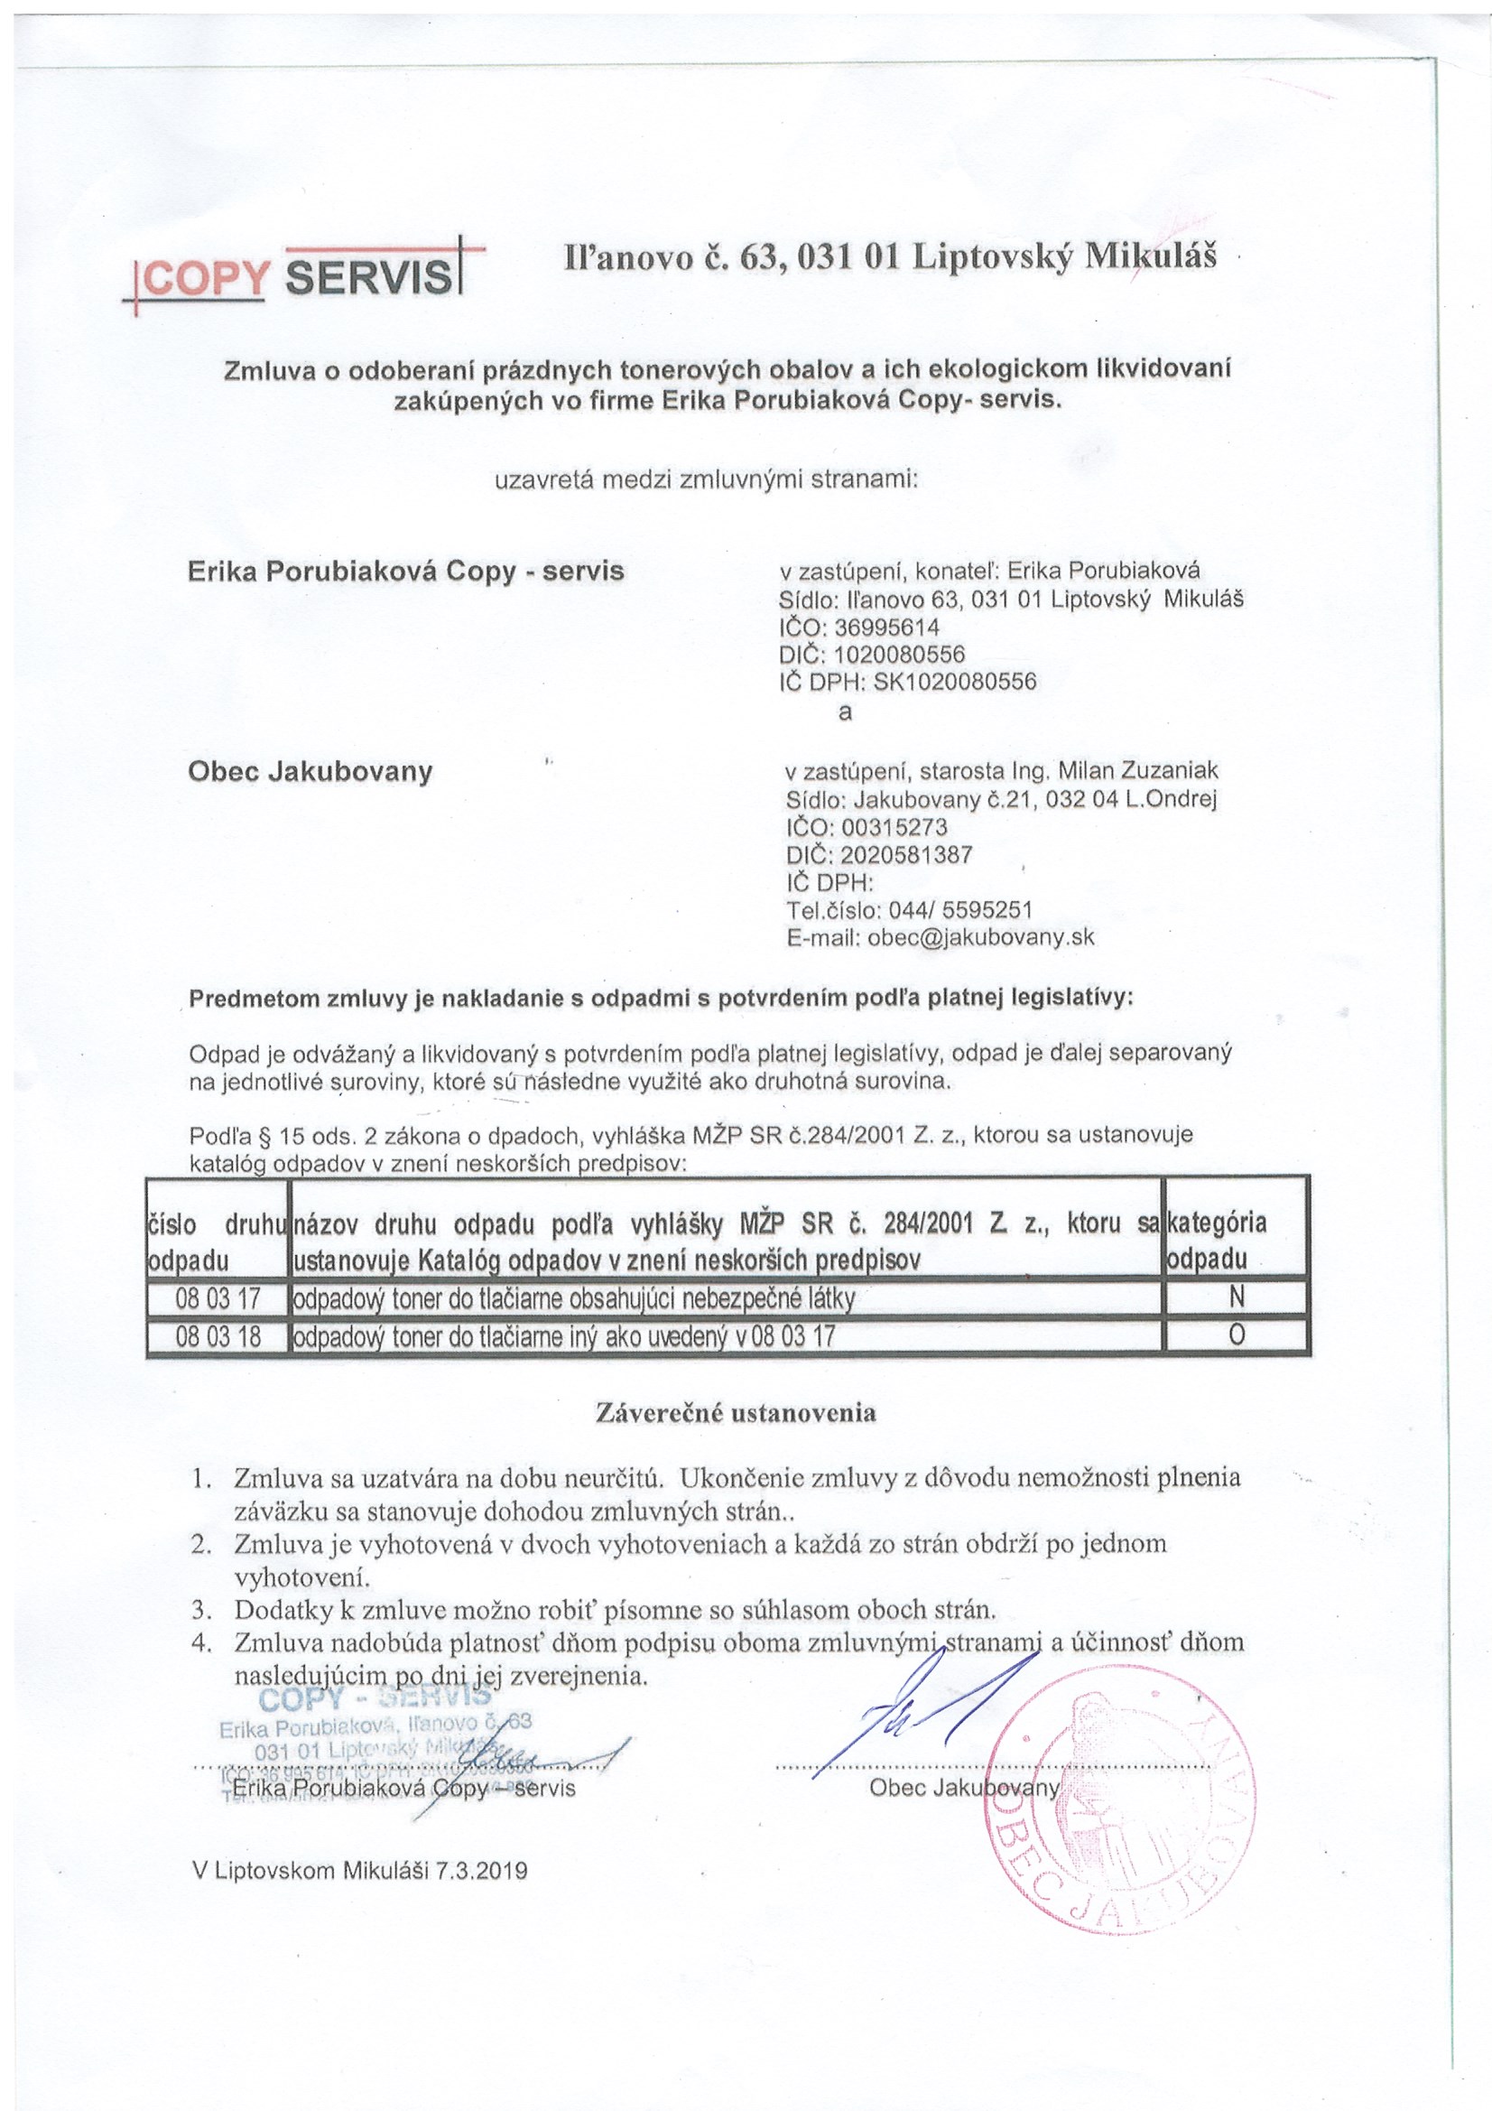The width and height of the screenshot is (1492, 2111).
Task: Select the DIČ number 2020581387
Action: coord(906,855)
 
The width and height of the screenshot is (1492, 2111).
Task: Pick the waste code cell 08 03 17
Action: coord(218,1298)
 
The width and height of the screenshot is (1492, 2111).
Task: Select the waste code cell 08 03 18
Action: coord(218,1335)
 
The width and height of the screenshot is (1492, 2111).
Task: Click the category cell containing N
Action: coord(1237,1297)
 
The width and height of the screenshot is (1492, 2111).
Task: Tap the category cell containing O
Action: coord(1237,1335)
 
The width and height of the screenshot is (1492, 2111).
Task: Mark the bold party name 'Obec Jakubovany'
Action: coord(310,770)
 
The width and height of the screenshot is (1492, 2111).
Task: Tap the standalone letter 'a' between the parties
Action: coord(845,711)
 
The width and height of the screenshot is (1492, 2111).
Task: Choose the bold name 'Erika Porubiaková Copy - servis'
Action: coord(405,571)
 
